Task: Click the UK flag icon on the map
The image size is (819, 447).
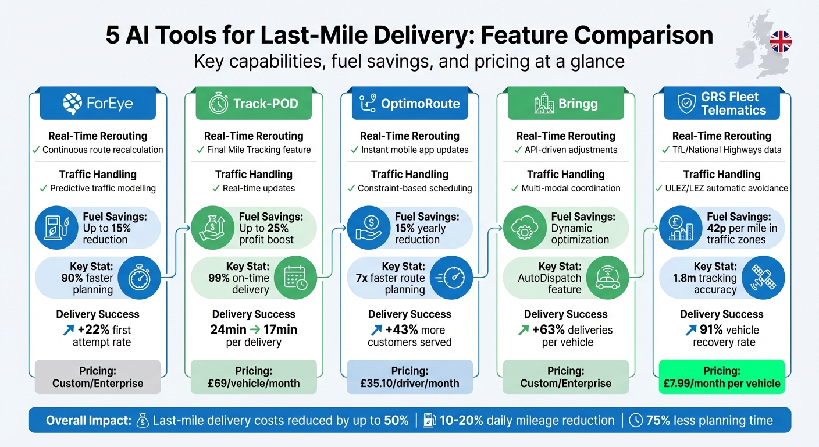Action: click(x=780, y=42)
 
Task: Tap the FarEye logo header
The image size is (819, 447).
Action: click(x=97, y=104)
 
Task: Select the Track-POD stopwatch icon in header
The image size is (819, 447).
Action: click(x=219, y=104)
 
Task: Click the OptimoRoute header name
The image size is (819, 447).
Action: click(x=420, y=104)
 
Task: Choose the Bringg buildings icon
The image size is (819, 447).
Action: click(x=544, y=104)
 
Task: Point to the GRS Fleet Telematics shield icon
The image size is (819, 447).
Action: click(x=687, y=104)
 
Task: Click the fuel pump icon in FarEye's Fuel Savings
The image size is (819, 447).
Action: click(x=56, y=228)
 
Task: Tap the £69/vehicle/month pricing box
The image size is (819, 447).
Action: click(x=254, y=377)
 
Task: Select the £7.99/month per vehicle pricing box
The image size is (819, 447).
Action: click(x=721, y=377)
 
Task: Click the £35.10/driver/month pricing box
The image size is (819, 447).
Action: click(x=409, y=377)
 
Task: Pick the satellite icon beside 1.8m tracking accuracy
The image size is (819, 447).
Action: click(x=763, y=278)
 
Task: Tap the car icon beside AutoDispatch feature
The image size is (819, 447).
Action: click(x=608, y=278)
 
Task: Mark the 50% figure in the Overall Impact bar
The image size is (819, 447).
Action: click(x=396, y=420)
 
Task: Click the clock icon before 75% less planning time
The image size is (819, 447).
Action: click(x=636, y=420)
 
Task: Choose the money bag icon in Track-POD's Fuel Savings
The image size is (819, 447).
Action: click(x=212, y=228)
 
